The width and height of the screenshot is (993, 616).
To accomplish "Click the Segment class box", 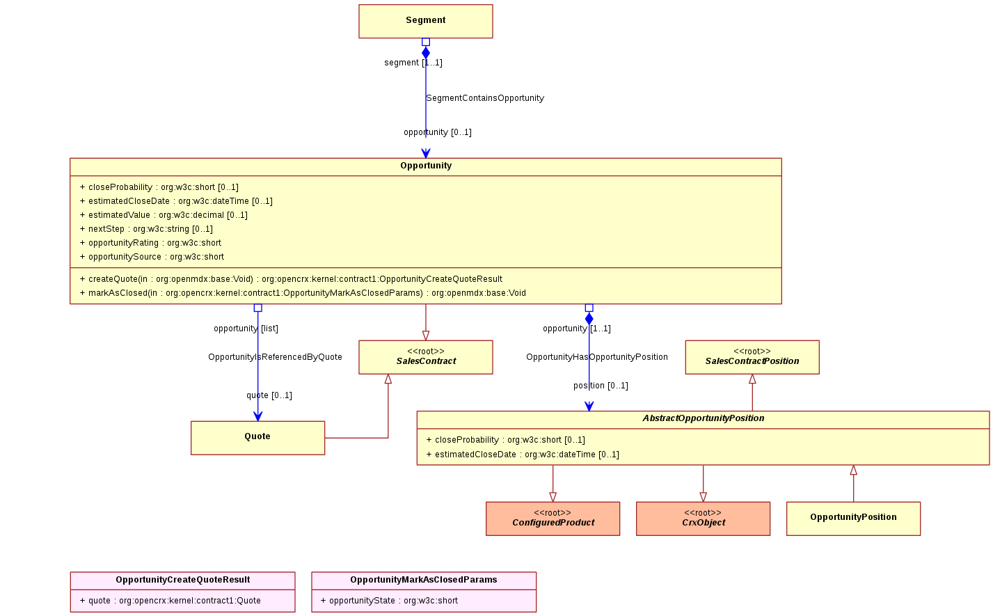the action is click(426, 22).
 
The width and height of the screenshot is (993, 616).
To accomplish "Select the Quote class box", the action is click(257, 438).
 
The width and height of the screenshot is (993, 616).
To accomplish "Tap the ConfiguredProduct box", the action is click(553, 519).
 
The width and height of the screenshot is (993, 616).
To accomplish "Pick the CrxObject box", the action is click(703, 519).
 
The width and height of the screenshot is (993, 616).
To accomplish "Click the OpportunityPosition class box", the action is click(853, 519).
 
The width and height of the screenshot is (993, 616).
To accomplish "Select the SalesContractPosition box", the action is click(752, 357).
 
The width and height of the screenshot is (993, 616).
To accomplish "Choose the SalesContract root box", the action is click(426, 357).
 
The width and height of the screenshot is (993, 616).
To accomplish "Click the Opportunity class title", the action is click(426, 166).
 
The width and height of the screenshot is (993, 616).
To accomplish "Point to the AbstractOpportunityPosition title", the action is click(704, 418).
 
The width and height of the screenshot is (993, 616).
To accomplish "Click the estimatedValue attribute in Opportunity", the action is click(164, 215).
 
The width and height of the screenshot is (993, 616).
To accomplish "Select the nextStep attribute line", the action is click(146, 229).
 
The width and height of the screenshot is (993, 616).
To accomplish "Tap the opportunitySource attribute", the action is click(152, 257).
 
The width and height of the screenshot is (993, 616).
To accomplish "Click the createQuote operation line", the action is click(292, 279).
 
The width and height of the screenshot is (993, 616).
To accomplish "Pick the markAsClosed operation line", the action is click(303, 293).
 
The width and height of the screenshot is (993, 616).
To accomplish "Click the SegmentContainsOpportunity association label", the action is click(485, 98).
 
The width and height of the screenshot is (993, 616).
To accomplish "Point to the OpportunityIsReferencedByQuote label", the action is click(276, 357).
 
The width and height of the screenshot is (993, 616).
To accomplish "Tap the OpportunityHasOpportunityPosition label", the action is click(597, 357).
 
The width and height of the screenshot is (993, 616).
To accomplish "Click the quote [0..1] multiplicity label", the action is click(269, 395).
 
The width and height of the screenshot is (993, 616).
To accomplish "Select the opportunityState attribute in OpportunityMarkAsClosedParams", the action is click(389, 601).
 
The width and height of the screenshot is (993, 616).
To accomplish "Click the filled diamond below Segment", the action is click(426, 53).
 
